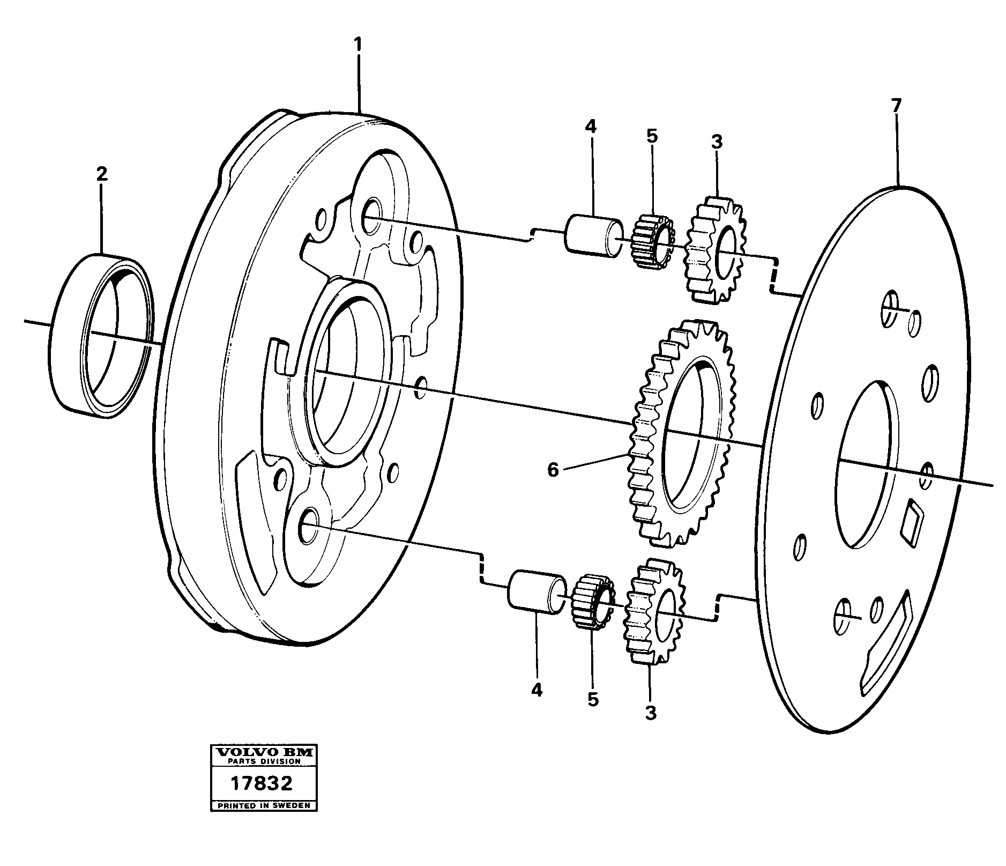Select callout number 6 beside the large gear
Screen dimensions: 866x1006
coord(553,470)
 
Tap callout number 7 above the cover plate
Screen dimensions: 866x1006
coord(897,106)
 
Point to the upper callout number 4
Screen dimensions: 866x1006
coord(590,127)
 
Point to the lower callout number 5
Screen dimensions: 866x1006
coord(592,699)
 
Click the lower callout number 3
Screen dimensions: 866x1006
coord(650,713)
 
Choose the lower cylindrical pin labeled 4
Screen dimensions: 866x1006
coord(536,591)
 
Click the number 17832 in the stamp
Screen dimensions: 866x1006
coord(262,783)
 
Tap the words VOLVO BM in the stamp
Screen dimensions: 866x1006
coord(263,752)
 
